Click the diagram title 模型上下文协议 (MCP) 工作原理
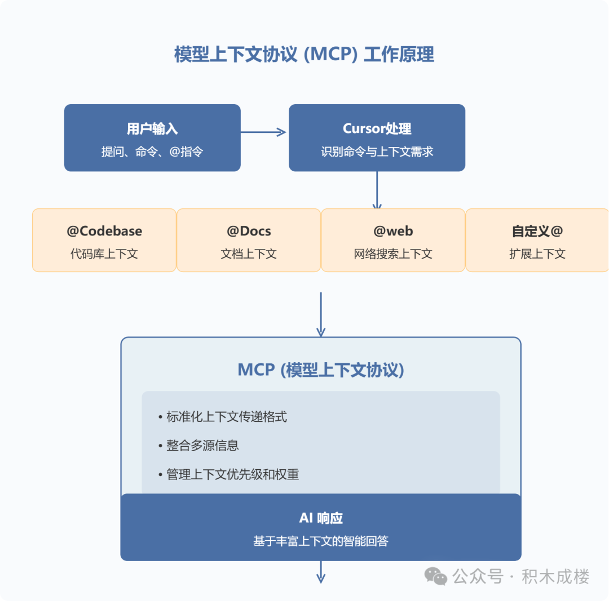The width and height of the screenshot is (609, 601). point(304,55)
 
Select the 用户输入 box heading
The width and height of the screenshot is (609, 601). point(152,128)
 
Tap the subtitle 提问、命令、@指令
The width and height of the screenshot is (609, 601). point(152,152)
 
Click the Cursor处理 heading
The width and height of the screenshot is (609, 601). point(377,128)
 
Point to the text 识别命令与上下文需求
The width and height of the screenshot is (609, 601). point(377,152)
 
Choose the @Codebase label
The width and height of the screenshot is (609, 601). point(104,231)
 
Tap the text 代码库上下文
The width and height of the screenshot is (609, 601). point(104,253)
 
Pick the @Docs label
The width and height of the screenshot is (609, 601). point(249,231)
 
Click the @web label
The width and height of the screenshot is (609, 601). point(393,231)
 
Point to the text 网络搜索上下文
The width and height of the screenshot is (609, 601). point(393,253)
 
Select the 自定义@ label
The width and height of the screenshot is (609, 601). point(537,231)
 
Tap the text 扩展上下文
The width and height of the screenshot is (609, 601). point(537,253)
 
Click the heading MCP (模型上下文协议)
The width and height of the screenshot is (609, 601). point(321,370)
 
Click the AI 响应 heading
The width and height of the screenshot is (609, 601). point(321,518)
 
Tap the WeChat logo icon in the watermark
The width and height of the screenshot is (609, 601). point(436,576)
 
